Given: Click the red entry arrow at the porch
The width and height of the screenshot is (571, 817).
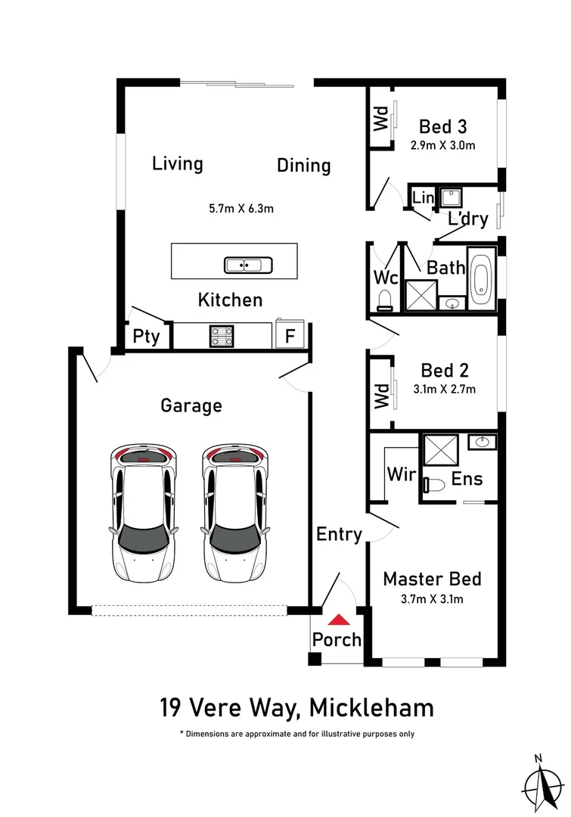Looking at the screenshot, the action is click(x=339, y=619).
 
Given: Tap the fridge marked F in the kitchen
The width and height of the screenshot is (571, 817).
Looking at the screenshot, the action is click(x=290, y=334).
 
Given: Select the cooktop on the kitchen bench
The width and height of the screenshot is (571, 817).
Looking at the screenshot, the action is click(x=222, y=336).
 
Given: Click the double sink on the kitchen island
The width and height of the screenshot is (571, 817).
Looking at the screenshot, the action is click(x=248, y=266).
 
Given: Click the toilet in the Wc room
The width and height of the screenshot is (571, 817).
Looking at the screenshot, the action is click(x=384, y=301).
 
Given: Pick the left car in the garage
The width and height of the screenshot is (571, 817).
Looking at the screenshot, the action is click(x=141, y=513).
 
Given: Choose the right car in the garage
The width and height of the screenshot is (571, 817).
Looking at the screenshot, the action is click(x=235, y=513).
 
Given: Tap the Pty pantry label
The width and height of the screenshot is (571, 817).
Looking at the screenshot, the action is click(x=146, y=337).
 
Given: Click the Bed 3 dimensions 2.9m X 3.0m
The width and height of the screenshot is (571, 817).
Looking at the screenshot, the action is click(x=443, y=145).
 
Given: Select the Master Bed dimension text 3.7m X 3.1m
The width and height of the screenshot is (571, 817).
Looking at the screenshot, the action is click(x=432, y=599).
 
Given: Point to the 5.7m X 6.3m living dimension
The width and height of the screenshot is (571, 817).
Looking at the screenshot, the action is click(x=241, y=209).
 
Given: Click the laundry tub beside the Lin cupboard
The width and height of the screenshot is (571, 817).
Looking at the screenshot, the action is click(x=450, y=198).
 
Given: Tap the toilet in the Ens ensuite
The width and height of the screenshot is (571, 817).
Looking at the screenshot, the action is click(x=433, y=485).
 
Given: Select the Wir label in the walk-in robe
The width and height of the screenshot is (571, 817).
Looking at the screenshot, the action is click(x=402, y=474).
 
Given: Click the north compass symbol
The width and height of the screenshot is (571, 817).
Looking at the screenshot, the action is click(x=543, y=783).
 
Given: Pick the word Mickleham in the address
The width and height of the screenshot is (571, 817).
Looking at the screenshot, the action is click(x=371, y=708).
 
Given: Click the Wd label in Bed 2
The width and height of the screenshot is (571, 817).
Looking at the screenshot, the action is click(x=382, y=396).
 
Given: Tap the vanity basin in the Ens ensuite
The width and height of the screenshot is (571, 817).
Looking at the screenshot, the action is click(x=482, y=443).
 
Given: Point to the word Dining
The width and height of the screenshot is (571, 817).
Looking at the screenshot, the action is click(x=304, y=165).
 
